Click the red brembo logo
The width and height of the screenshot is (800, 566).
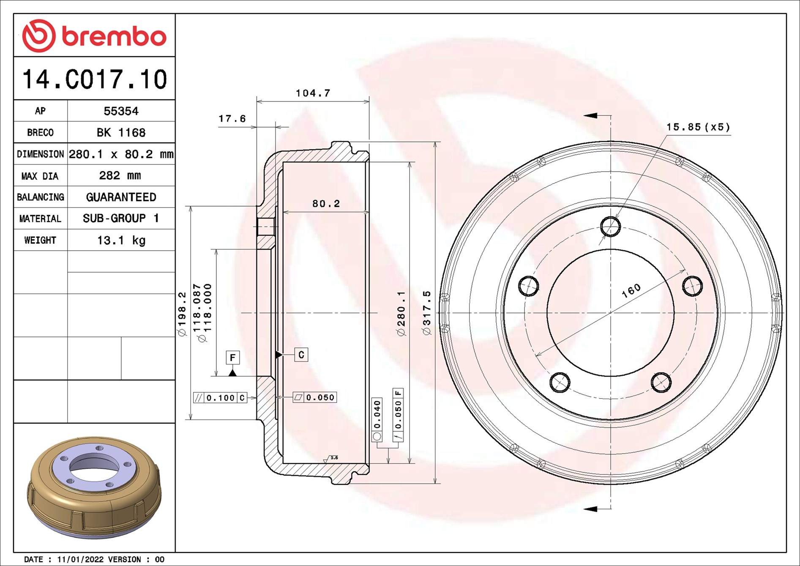pos(94,36)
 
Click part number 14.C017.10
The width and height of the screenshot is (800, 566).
pos(95,79)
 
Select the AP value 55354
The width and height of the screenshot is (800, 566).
pos(121,111)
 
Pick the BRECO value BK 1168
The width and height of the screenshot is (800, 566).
pos(121,133)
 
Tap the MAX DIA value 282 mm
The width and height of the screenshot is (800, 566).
pos(120,175)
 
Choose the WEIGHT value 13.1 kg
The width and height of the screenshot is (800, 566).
pos(121,241)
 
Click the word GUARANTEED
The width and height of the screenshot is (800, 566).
pos(121,197)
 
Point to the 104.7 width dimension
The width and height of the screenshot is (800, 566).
pos(313,93)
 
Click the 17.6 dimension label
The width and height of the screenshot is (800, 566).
pos(232,119)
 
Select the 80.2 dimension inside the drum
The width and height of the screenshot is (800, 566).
pos(326,204)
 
